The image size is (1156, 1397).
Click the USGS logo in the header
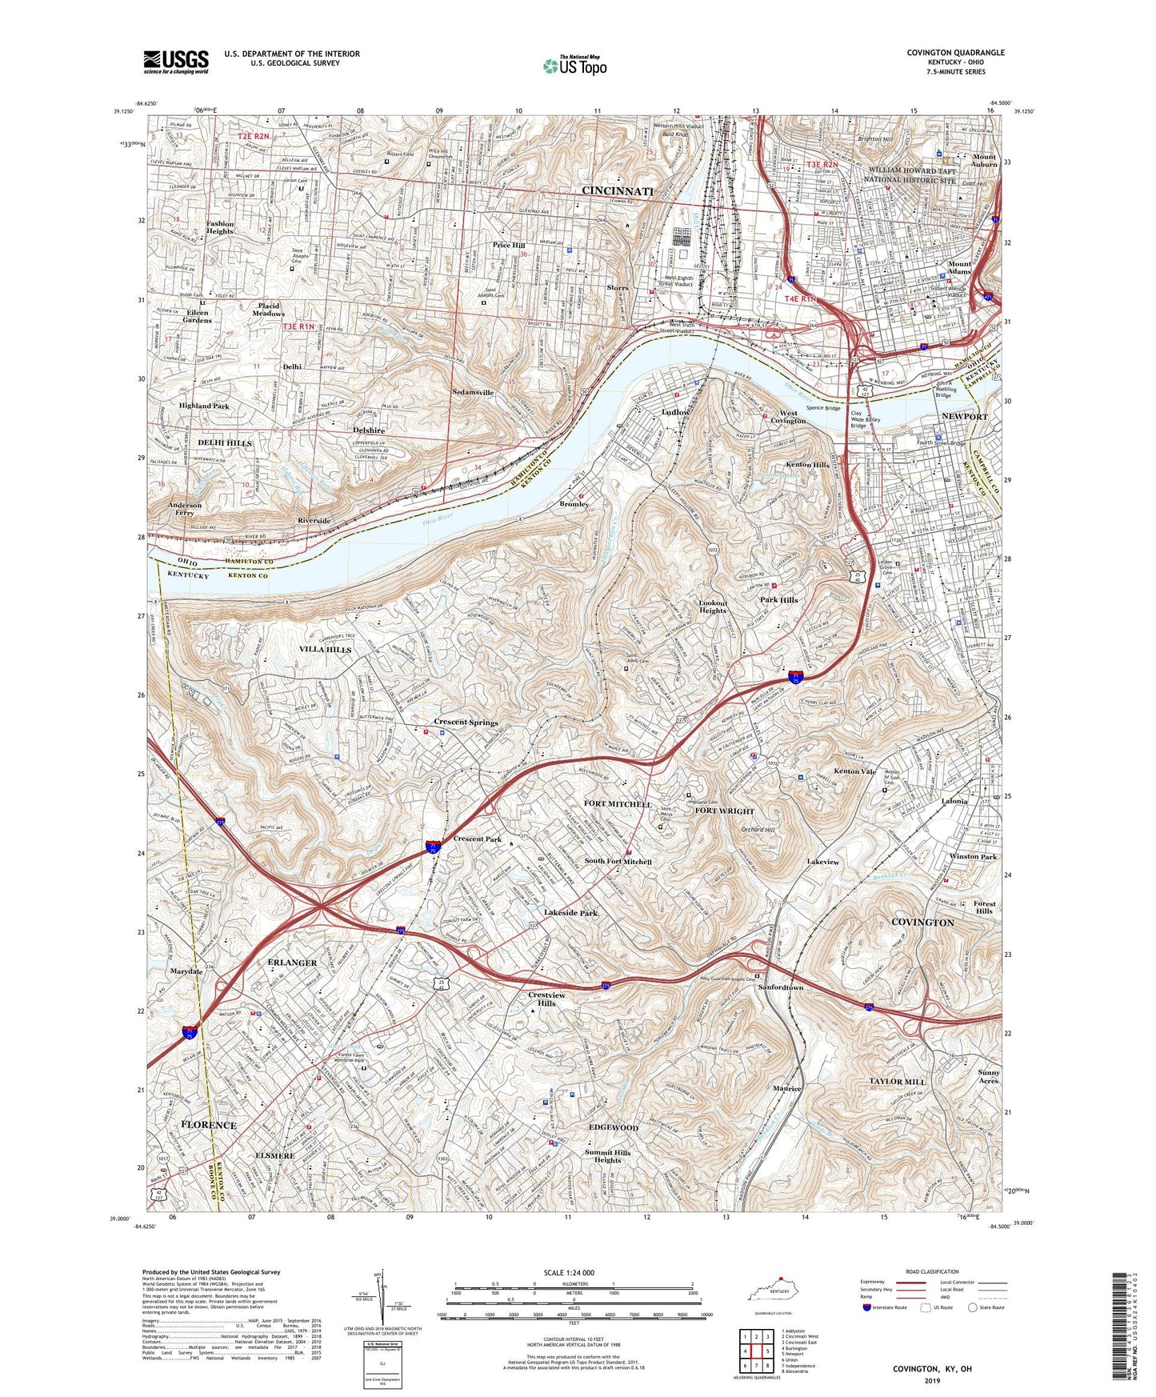(x=176, y=61)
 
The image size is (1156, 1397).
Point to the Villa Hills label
(x=326, y=650)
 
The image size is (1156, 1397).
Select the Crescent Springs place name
(x=466, y=723)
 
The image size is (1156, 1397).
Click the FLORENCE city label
(x=209, y=1125)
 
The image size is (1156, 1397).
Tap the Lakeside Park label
(x=570, y=913)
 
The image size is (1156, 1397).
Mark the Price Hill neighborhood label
(x=509, y=246)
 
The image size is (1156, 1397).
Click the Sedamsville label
(x=473, y=393)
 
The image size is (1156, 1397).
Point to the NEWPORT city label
(x=965, y=417)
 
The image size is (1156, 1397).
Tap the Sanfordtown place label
(x=781, y=987)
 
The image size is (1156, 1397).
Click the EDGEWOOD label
(x=614, y=1127)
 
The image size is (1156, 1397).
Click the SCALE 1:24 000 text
(x=572, y=1272)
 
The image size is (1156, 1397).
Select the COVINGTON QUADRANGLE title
(x=955, y=53)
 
